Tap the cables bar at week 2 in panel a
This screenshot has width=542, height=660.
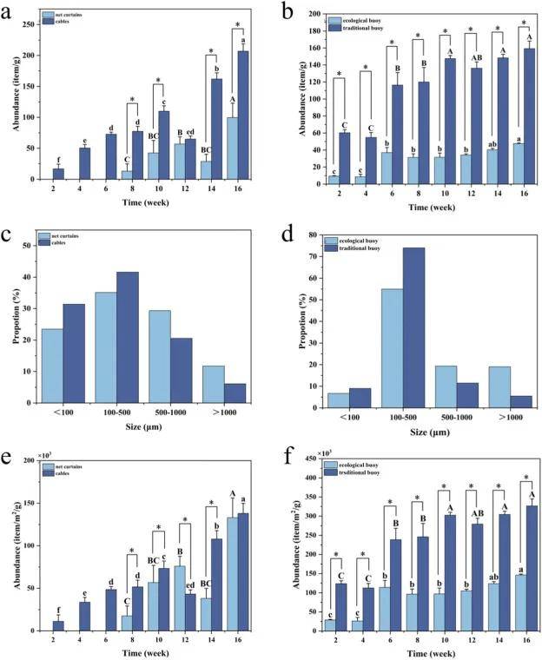pyautogui.click(x=59, y=174)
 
